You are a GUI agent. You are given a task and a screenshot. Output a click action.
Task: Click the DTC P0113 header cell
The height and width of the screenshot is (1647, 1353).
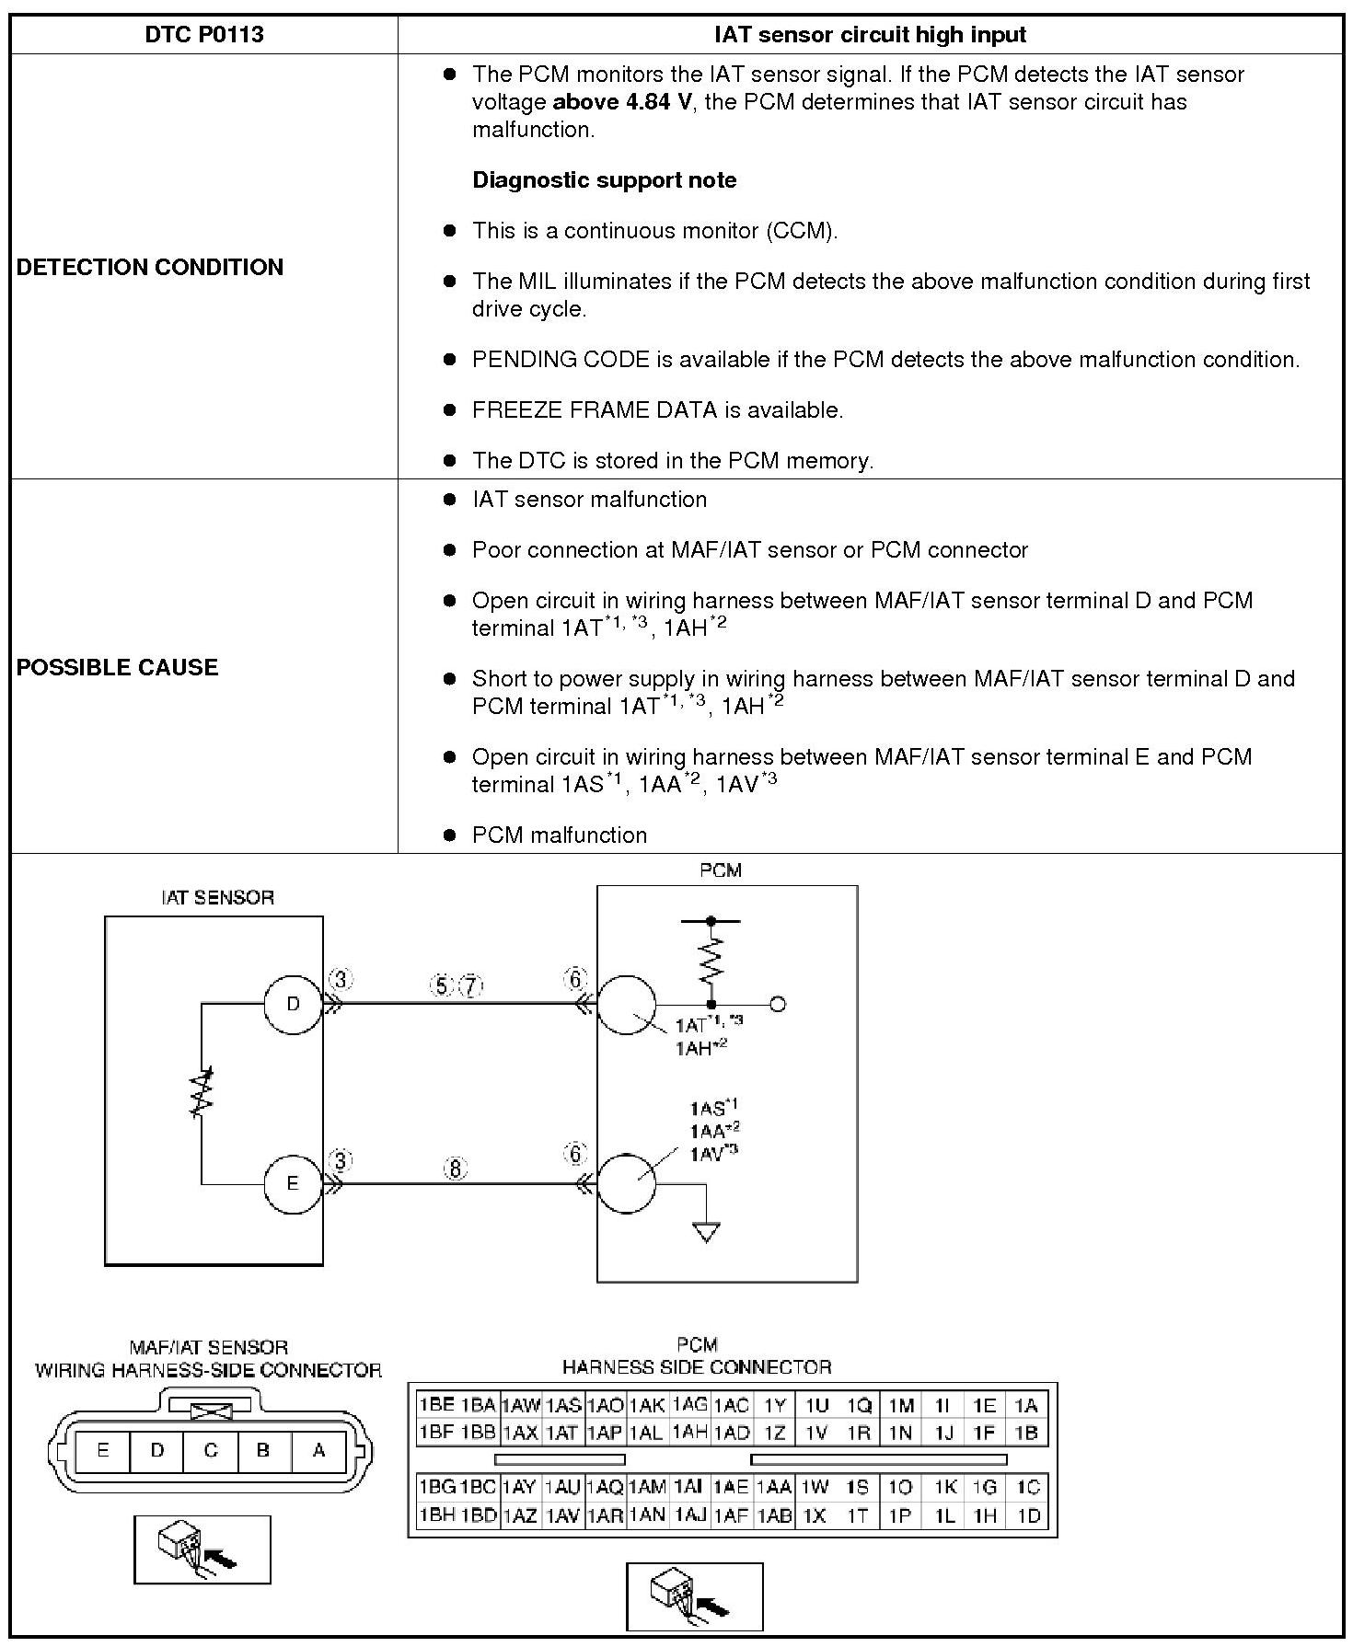[204, 35]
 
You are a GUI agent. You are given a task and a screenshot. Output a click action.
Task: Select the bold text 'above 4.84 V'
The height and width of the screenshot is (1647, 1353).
[621, 102]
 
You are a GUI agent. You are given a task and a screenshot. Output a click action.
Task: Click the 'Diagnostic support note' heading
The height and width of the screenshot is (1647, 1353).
[604, 180]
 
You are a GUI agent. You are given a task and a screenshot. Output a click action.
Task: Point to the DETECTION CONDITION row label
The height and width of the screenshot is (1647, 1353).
[150, 268]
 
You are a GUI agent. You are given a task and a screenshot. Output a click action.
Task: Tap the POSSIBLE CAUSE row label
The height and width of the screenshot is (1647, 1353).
[118, 668]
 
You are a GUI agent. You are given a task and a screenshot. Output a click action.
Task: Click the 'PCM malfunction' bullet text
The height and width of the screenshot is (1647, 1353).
[559, 835]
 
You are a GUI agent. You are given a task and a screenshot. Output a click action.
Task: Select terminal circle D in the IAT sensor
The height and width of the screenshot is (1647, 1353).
[293, 1004]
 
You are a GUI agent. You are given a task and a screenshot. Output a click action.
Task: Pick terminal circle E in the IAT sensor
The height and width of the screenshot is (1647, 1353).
[293, 1183]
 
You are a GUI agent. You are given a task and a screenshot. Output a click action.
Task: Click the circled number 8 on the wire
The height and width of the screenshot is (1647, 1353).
[456, 1169]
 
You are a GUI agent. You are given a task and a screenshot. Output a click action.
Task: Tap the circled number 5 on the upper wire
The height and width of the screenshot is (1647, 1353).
[441, 986]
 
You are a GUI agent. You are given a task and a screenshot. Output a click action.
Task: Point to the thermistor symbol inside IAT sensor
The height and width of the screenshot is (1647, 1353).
[202, 1092]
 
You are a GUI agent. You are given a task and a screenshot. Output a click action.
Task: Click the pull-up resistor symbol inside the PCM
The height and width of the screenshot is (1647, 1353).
[711, 960]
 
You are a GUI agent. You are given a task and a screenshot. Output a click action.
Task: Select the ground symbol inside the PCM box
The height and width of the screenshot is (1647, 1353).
[706, 1232]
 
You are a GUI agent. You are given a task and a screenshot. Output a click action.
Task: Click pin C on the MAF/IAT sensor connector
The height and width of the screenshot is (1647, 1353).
[211, 1450]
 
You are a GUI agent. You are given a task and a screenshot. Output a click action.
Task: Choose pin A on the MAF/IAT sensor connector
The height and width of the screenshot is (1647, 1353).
[318, 1450]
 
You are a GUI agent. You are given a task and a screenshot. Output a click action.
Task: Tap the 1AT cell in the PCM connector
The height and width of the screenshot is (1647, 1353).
[561, 1433]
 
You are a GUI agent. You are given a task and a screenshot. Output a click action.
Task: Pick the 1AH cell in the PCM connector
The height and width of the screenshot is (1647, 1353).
[689, 1432]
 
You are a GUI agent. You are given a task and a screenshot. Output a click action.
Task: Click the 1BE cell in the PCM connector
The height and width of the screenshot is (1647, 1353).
[436, 1405]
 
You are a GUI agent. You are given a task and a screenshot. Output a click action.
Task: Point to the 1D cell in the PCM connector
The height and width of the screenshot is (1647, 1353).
[1028, 1515]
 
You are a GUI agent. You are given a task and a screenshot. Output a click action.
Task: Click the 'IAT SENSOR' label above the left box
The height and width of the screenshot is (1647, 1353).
[217, 898]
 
